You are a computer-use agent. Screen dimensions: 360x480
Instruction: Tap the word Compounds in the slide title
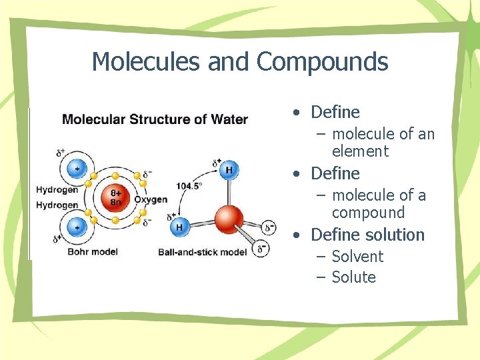pyautogui.click(x=322, y=62)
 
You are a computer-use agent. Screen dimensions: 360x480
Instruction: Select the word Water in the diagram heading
pyautogui.click(x=230, y=120)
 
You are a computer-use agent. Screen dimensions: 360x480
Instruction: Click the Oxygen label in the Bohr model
pyautogui.click(x=151, y=199)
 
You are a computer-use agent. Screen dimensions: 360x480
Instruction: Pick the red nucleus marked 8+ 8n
pyautogui.click(x=115, y=197)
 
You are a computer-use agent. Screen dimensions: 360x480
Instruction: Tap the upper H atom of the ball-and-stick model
pyautogui.click(x=229, y=170)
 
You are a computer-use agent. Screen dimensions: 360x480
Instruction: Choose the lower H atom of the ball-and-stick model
pyautogui.click(x=179, y=227)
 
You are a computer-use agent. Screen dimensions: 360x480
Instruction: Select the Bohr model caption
pyautogui.click(x=93, y=251)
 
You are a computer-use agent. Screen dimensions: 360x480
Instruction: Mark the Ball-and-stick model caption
pyautogui.click(x=203, y=251)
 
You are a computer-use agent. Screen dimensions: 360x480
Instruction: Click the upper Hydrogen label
pyautogui.click(x=57, y=189)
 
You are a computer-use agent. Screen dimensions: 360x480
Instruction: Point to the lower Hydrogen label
pyautogui.click(x=57, y=205)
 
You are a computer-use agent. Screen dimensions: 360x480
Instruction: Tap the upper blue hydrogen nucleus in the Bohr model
pyautogui.click(x=77, y=168)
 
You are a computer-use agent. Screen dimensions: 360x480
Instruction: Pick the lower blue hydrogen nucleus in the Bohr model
pyautogui.click(x=77, y=227)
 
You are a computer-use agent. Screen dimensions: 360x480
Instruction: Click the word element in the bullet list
pyautogui.click(x=360, y=151)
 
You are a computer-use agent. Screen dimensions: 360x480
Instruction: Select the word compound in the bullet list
pyautogui.click(x=368, y=213)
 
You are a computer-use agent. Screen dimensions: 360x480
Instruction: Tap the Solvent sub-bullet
pyautogui.click(x=357, y=257)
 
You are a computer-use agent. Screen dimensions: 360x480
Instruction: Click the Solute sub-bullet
pyautogui.click(x=354, y=277)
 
